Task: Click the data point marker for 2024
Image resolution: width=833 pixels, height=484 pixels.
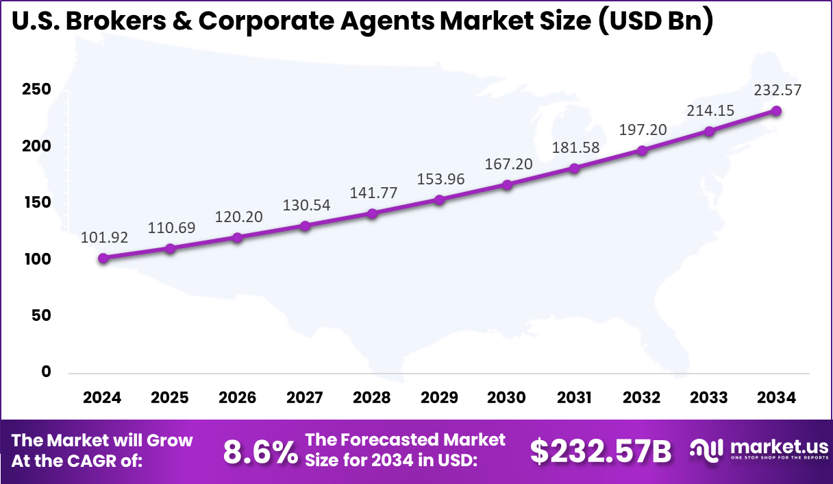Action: click(103, 258)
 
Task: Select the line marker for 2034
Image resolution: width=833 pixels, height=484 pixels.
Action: click(776, 110)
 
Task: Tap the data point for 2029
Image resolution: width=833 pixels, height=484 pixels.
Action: click(440, 199)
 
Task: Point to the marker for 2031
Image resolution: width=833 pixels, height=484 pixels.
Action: click(574, 168)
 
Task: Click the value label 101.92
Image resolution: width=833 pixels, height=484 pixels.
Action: click(103, 238)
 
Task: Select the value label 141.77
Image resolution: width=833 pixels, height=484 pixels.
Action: click(373, 193)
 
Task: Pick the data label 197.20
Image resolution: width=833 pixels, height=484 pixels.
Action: click(642, 130)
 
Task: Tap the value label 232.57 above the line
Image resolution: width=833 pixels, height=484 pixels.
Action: click(777, 90)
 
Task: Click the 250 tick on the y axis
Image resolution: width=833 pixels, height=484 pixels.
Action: click(38, 90)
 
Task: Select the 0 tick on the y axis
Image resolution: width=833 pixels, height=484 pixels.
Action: click(47, 372)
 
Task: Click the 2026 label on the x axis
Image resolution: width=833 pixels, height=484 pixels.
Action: click(237, 398)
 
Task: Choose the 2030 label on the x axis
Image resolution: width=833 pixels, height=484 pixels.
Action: click(507, 398)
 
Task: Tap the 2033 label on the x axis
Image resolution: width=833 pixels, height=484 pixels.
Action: click(709, 398)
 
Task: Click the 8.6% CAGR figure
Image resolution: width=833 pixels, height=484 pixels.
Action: click(260, 452)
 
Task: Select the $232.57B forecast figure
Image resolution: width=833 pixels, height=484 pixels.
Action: click(601, 451)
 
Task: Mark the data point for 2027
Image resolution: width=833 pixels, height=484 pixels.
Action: click(305, 226)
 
